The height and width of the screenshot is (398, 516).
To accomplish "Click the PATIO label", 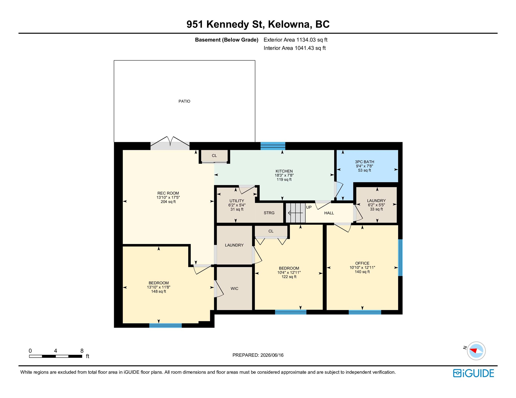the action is (184, 101).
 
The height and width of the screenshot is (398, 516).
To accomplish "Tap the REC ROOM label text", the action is (168, 193).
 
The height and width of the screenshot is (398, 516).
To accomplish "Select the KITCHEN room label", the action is (284, 171).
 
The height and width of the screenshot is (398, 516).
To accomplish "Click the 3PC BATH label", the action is (365, 162).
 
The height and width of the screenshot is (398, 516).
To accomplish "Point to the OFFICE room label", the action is (362, 263).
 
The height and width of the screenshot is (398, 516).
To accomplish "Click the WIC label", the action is (234, 288).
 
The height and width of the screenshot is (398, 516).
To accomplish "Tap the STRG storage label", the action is (269, 213).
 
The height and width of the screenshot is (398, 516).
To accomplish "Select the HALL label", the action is (329, 213).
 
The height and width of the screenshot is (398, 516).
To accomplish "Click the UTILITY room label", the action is (237, 201).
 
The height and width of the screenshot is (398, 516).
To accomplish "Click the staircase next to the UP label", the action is (295, 213).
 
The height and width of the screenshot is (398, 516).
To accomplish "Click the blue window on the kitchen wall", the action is (273, 146).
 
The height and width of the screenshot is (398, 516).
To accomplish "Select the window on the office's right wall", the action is (400, 257).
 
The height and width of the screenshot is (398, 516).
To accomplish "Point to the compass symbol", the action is (476, 351).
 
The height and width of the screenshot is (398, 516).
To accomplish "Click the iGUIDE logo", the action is (473, 373).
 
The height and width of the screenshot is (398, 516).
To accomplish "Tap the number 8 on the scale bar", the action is (82, 351).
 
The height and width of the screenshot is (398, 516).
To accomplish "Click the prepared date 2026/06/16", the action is (272, 355).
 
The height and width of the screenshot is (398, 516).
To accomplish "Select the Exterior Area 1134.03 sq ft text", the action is (295, 40).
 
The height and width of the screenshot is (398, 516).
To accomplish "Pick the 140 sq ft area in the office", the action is (362, 272).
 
